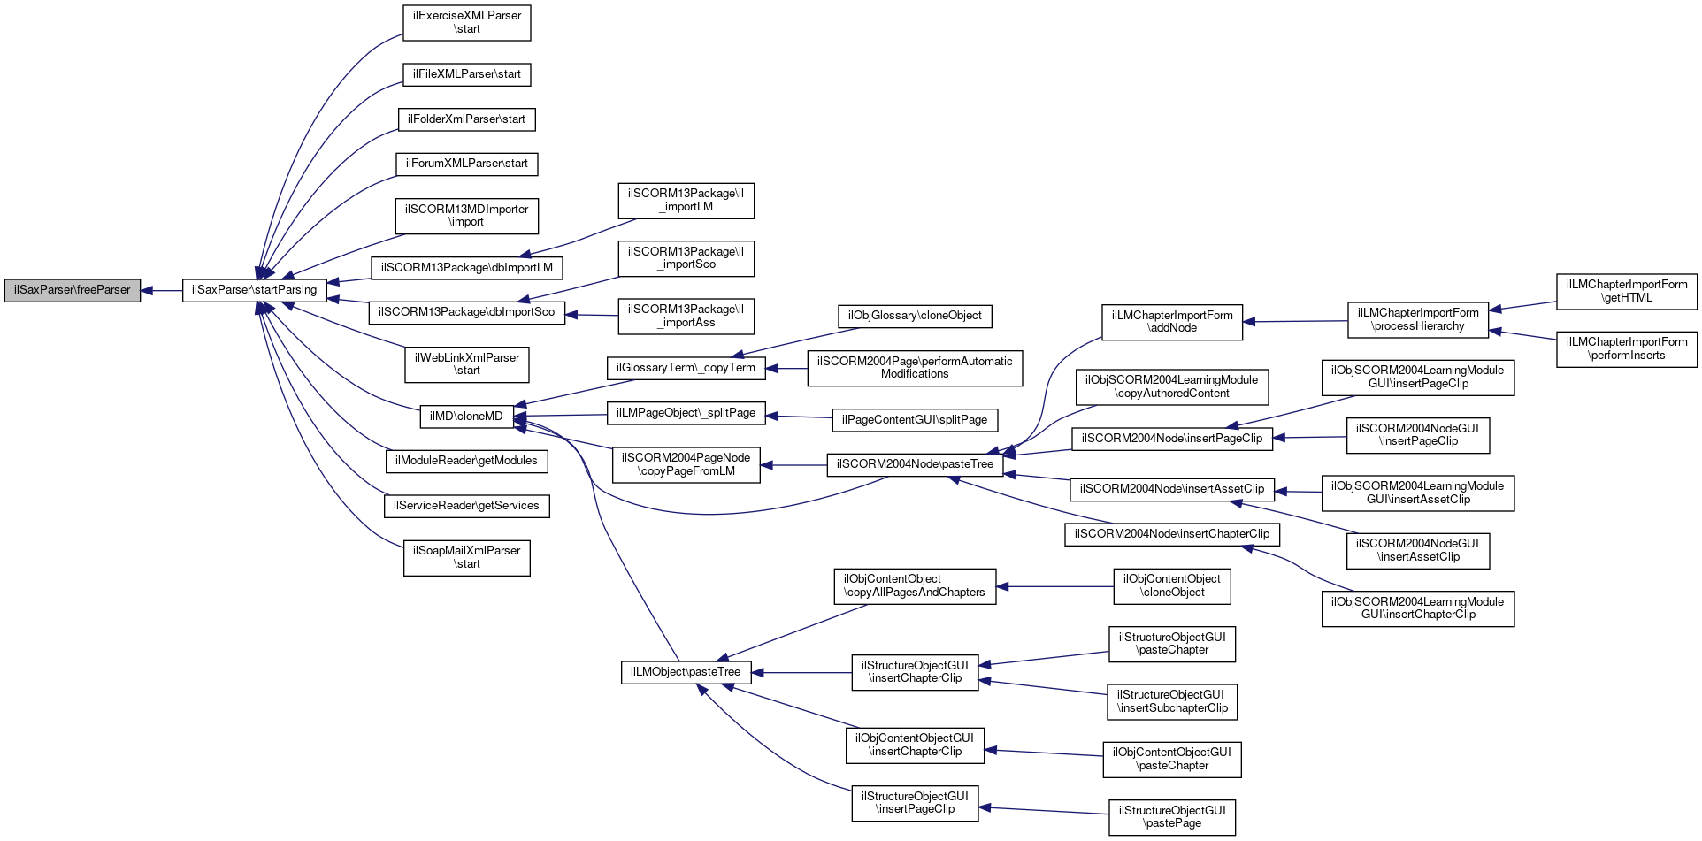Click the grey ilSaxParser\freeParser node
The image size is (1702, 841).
[x=73, y=290]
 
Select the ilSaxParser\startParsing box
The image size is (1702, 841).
[x=255, y=290]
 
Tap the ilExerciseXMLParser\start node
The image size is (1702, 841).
[x=467, y=22]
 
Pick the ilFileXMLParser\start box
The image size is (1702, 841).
[x=467, y=74]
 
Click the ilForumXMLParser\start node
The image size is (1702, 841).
[x=467, y=164]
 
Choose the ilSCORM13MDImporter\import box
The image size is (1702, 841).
[x=467, y=216]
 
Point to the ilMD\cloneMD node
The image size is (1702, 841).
[x=466, y=417]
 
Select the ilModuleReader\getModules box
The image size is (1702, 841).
[x=467, y=461]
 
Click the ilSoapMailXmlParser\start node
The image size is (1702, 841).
[x=467, y=557]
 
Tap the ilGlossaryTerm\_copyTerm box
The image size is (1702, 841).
[x=686, y=368]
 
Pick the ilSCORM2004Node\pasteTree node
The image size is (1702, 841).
[x=916, y=464]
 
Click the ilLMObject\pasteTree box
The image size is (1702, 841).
[x=686, y=672]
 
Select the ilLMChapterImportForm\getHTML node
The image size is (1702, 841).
[x=1627, y=291]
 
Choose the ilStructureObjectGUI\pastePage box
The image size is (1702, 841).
[x=1172, y=817]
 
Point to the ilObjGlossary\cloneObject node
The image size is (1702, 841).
[x=915, y=316]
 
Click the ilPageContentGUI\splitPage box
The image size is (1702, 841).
[x=915, y=420]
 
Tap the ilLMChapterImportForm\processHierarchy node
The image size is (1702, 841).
[x=1418, y=319]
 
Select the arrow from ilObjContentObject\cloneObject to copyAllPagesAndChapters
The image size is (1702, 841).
[x=1054, y=586]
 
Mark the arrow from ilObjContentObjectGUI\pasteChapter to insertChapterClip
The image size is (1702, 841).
[x=1044, y=753]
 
